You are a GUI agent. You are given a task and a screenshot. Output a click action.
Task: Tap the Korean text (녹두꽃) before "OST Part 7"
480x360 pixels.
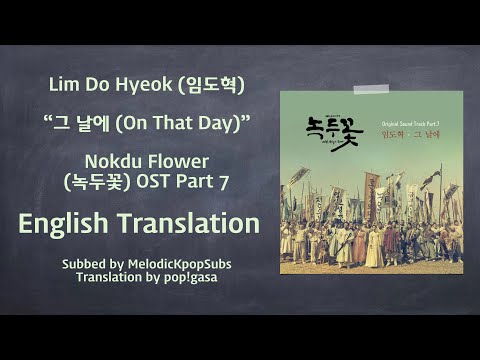click(104, 181)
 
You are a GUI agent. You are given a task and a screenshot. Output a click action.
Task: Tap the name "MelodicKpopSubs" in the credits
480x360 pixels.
click(175, 262)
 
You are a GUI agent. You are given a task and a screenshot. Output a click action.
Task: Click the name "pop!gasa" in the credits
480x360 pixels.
click(193, 276)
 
